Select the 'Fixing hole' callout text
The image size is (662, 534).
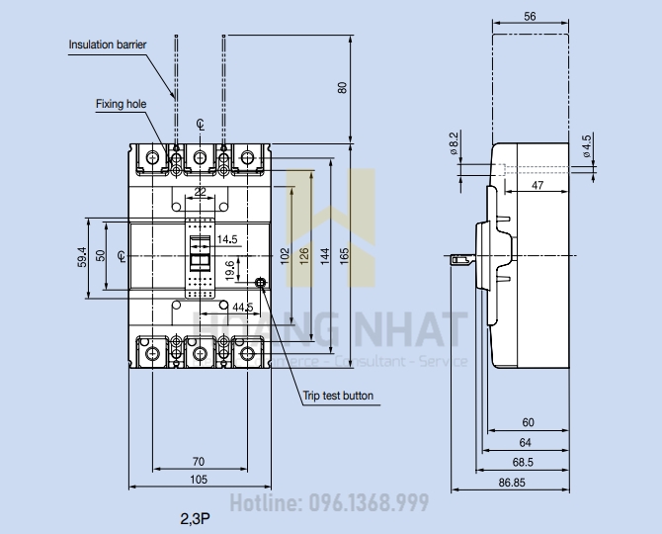[120, 103]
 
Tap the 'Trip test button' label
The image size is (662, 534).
[338, 396]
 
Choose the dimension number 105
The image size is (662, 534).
[199, 480]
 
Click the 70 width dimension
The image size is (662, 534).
[198, 461]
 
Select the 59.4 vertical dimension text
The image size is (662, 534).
[83, 258]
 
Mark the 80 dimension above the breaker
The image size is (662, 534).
[343, 87]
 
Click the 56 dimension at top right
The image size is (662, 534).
[530, 17]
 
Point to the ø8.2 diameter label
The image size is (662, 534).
[454, 143]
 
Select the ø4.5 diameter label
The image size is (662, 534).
[587, 145]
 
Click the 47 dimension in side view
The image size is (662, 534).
[537, 185]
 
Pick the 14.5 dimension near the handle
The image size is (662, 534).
[227, 239]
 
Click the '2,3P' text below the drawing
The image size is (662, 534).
[194, 516]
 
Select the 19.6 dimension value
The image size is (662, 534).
[229, 268]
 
